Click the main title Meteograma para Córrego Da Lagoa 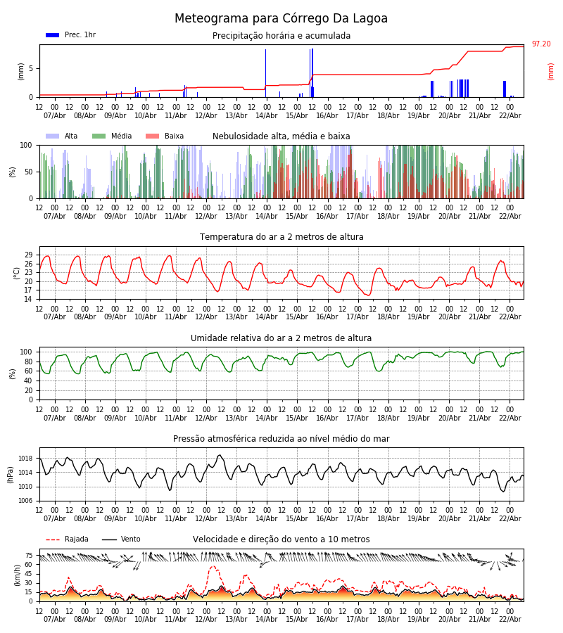click(x=281, y=19)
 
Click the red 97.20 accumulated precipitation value click(x=541, y=44)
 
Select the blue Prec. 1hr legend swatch click(x=52, y=35)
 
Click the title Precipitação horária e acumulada click(x=281, y=36)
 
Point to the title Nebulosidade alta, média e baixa click(x=281, y=136)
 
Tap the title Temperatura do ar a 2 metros click(x=281, y=237)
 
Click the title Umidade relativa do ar click(x=281, y=338)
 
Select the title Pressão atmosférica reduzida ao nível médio click(x=281, y=439)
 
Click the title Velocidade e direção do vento click(x=281, y=539)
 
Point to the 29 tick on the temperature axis click(x=29, y=255)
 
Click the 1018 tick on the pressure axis click(x=25, y=459)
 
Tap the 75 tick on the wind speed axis click(x=29, y=555)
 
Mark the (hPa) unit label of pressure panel click(x=11, y=474)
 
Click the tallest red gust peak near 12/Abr click(x=213, y=566)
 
